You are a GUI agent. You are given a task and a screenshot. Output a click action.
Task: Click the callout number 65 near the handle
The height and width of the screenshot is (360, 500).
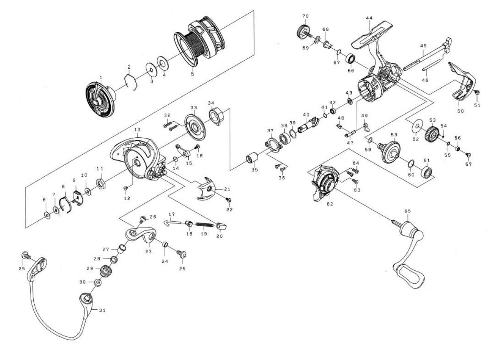(x=407, y=211)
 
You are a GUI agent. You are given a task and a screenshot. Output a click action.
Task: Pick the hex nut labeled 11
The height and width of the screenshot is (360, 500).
(x=100, y=183)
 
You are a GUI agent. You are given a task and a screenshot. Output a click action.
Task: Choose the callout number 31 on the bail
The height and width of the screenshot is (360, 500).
(x=102, y=310)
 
